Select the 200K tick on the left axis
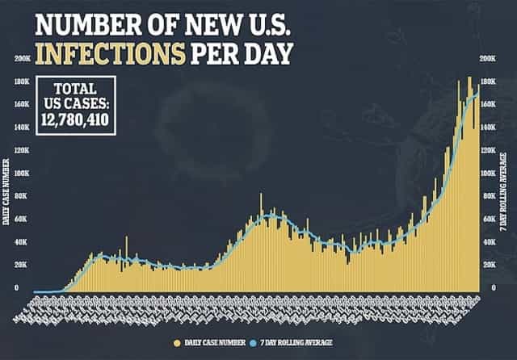(23, 59)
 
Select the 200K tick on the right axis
(489, 59)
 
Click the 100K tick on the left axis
(23, 174)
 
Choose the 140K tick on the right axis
(489, 128)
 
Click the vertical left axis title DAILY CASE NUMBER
(6, 195)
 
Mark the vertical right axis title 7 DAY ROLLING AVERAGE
(507, 187)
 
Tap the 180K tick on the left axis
(23, 82)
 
